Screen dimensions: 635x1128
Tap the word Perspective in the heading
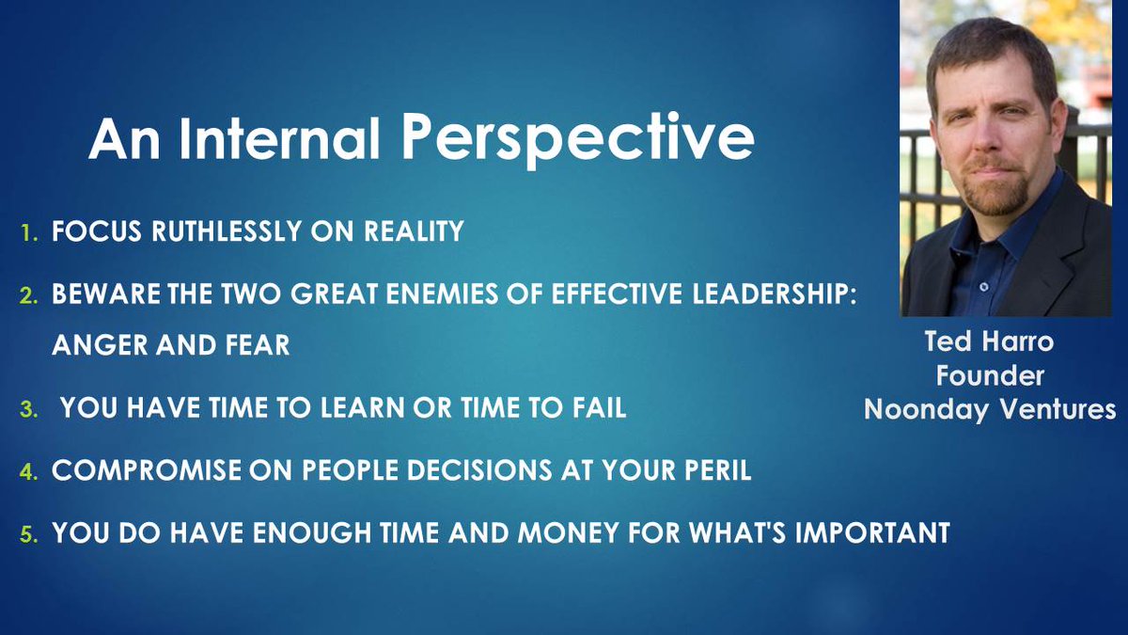click(x=578, y=141)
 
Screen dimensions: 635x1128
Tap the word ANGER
click(x=98, y=345)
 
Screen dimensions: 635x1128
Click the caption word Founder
click(x=989, y=376)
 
